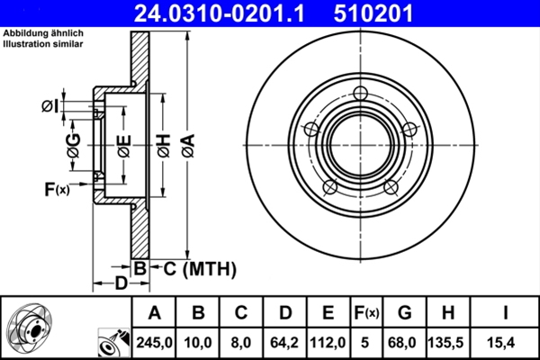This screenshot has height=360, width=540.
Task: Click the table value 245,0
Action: (x=154, y=342)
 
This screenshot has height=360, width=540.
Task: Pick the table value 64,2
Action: (x=284, y=342)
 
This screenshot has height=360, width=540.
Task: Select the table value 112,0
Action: (x=328, y=342)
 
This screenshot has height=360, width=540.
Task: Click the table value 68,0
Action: (x=404, y=342)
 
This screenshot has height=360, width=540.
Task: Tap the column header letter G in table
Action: (x=404, y=313)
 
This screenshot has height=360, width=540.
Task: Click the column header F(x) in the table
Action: (x=367, y=313)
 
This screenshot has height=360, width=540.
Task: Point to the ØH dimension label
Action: (x=164, y=143)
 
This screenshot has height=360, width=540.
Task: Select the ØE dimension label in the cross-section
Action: (x=125, y=143)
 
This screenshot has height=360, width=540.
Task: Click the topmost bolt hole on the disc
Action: (x=362, y=93)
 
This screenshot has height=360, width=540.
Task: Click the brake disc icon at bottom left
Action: (x=30, y=328)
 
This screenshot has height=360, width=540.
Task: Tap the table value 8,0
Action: (x=241, y=342)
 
